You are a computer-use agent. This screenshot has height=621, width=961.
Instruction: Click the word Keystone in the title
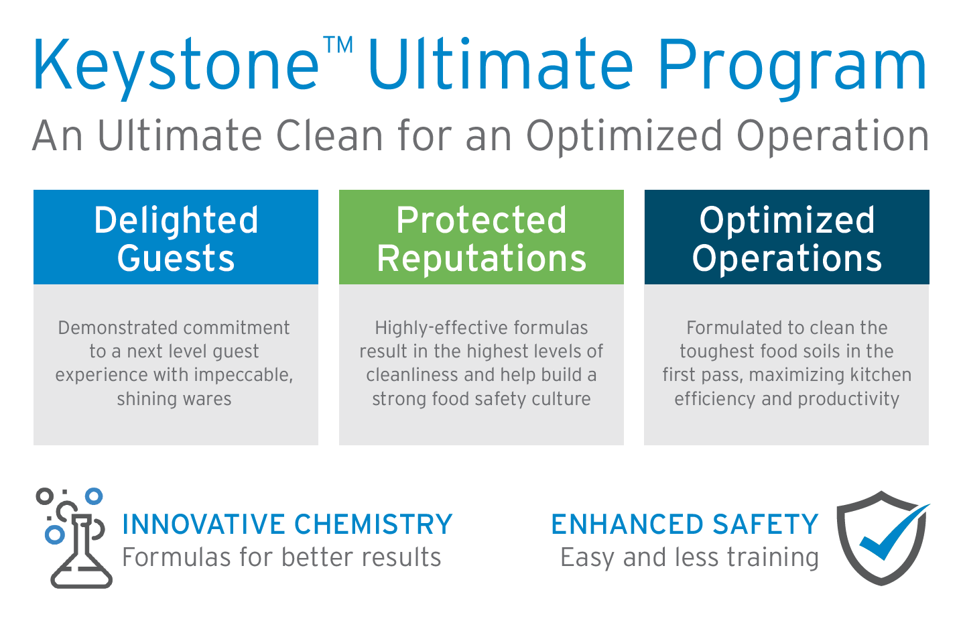176,66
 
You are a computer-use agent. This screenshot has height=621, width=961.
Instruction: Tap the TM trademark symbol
338,46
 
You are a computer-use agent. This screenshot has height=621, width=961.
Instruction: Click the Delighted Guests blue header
176,237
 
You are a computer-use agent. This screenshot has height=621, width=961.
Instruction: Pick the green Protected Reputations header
481,237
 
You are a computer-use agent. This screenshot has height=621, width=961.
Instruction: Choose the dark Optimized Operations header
787,237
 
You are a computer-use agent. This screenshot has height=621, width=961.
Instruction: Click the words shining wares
174,399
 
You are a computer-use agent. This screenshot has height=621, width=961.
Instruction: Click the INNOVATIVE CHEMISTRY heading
287,524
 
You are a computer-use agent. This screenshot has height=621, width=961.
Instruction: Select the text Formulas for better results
281,557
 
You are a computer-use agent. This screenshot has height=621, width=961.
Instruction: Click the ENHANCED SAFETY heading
684,524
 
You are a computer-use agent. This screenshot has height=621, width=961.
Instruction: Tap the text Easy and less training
689,557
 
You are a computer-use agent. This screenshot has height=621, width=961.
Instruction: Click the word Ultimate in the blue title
500,66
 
